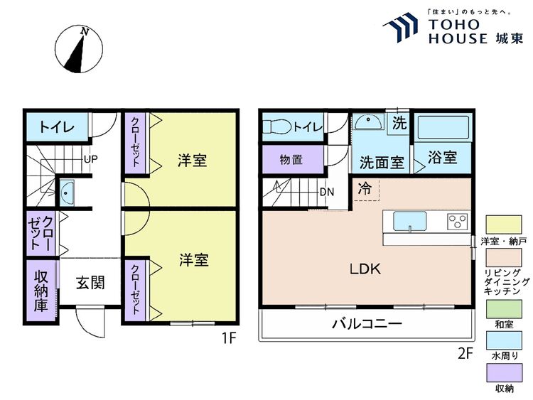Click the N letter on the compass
click(x=85, y=32)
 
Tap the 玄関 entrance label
click(x=90, y=283)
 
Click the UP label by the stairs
click(x=91, y=159)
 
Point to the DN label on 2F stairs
click(x=327, y=192)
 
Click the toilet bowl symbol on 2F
click(x=277, y=126)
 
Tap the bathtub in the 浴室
click(x=443, y=127)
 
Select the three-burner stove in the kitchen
click(x=458, y=222)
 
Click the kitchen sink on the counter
click(x=410, y=221)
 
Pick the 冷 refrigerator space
click(x=366, y=190)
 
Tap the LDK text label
click(x=365, y=269)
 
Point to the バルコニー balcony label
click(x=367, y=323)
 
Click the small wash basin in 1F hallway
click(x=66, y=193)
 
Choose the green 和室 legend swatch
click(x=504, y=309)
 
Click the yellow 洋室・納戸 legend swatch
click(x=504, y=225)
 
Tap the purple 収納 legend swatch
click(x=504, y=373)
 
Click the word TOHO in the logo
click(x=453, y=24)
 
